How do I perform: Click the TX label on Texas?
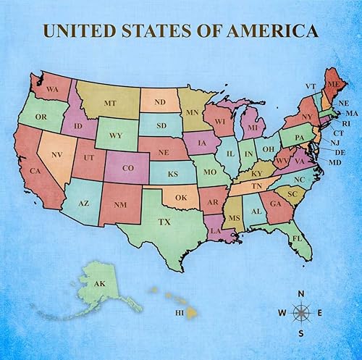click(165, 221)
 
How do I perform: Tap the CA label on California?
click(34, 171)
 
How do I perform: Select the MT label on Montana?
click(110, 104)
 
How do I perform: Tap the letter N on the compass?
click(301, 293)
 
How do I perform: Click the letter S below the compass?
click(301, 333)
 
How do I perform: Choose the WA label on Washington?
click(52, 89)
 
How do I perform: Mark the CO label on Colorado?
click(127, 169)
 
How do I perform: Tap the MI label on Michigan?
click(252, 127)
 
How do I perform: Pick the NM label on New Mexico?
click(120, 205)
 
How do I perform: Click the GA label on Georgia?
click(276, 204)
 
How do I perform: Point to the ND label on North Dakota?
click(160, 101)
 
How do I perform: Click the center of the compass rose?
click(301, 313)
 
